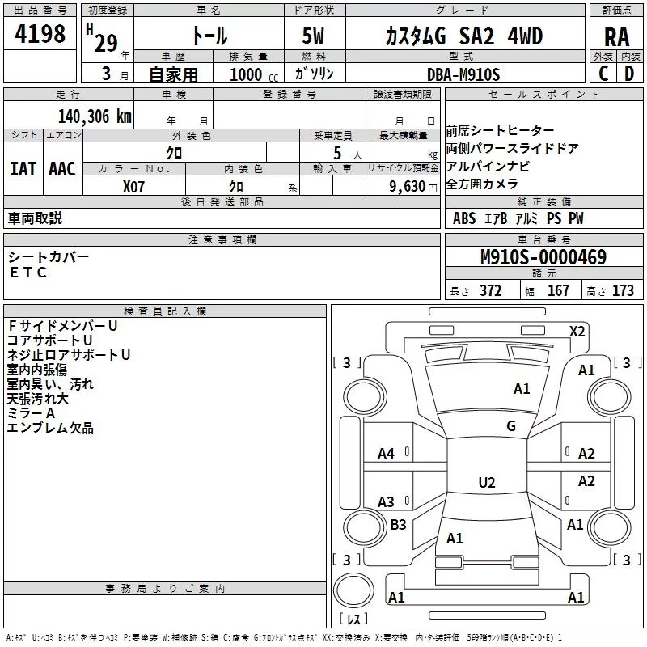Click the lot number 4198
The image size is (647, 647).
[x=40, y=33]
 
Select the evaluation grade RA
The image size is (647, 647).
[x=616, y=37]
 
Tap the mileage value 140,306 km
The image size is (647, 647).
[x=95, y=116]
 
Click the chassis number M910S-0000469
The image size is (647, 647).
[x=543, y=256]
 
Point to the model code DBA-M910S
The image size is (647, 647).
[x=463, y=74]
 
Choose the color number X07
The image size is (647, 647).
[x=133, y=187]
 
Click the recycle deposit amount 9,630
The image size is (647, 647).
[x=408, y=186]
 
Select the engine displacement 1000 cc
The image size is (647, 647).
[x=254, y=74]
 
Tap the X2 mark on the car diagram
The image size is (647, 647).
[x=577, y=332]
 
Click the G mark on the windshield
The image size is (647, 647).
[x=511, y=425]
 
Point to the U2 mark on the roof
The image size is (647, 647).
[x=487, y=482]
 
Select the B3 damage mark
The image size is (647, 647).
[x=398, y=524]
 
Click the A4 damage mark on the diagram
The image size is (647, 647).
[x=386, y=454]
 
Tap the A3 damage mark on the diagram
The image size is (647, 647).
[x=386, y=501]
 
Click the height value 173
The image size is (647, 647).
[x=623, y=291]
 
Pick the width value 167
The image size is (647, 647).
[x=558, y=291]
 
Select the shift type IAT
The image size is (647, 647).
[x=23, y=169]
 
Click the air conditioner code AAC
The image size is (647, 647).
[x=62, y=169]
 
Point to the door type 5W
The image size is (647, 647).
[x=313, y=36]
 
